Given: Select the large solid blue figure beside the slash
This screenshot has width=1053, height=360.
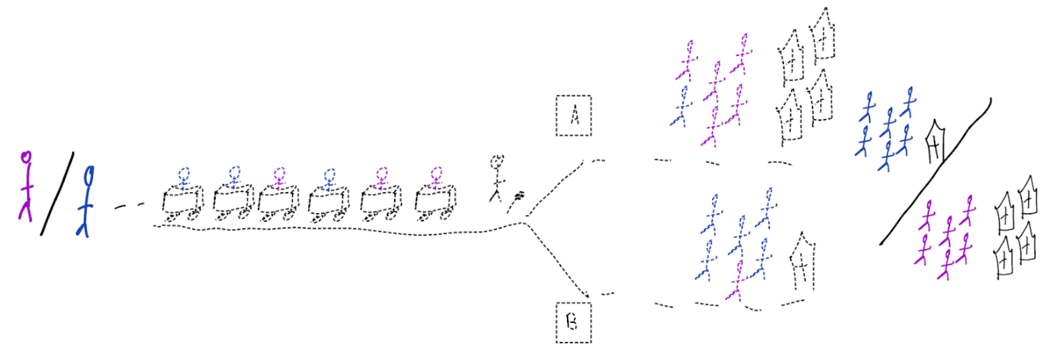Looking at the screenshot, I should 87,201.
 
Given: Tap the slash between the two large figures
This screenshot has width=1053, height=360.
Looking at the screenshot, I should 57,193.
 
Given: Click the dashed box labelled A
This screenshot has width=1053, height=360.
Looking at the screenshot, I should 573,115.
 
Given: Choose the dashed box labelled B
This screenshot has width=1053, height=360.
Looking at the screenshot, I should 573,322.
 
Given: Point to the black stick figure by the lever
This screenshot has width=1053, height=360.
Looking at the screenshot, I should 496,178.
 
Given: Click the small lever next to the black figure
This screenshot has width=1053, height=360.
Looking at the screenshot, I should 516,200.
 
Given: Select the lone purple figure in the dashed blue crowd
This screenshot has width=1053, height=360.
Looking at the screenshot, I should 737,281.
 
